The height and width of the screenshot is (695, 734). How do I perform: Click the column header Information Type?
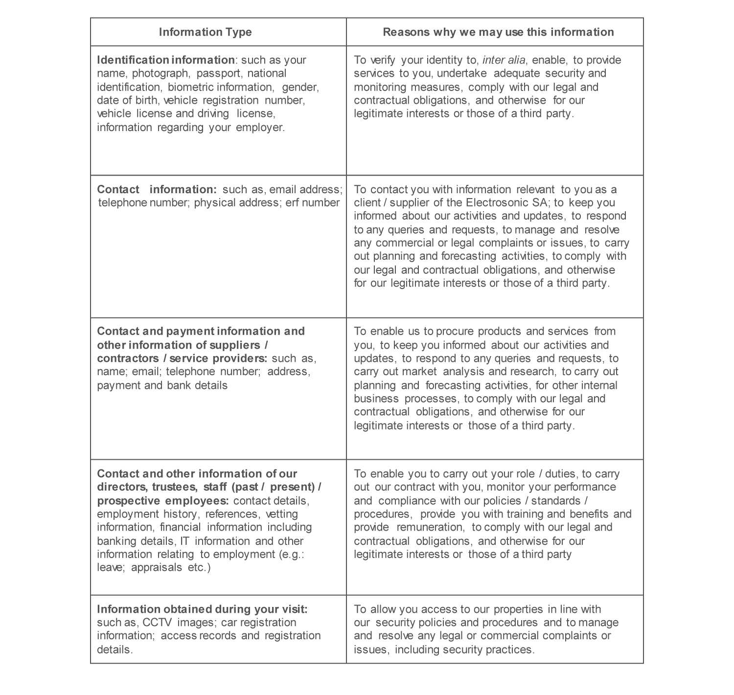[205, 32]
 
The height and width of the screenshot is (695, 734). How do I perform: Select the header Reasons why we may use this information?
[498, 32]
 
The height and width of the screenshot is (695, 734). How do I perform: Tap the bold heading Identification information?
[166, 60]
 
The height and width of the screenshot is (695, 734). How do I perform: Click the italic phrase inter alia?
[504, 60]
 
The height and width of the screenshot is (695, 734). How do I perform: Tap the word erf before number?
[292, 203]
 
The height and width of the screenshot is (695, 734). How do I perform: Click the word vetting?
[281, 514]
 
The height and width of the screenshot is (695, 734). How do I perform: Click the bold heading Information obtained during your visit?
[202, 609]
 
